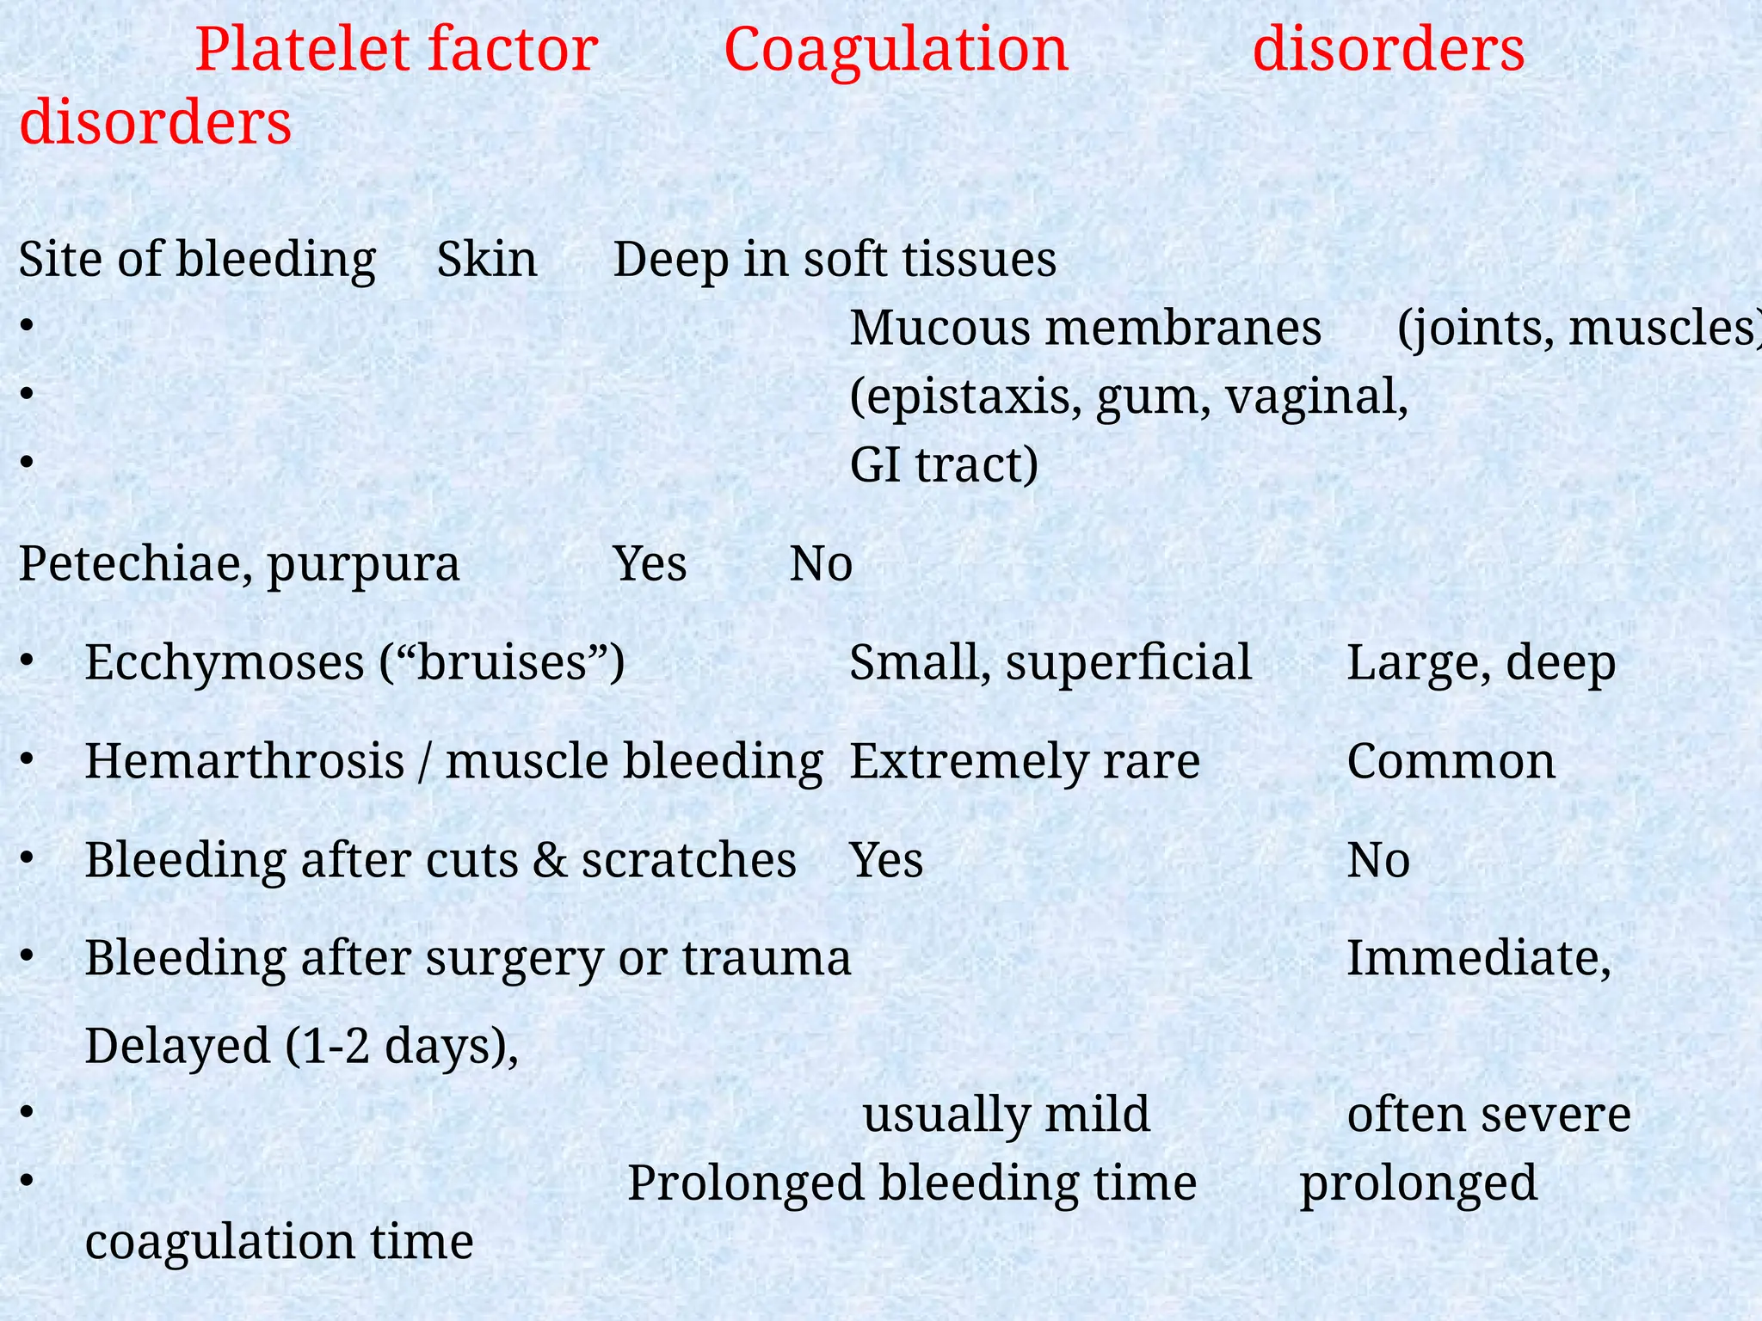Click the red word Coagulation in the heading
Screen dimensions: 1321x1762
(896, 50)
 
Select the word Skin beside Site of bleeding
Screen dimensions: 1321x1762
(487, 260)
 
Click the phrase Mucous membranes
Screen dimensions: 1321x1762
(1086, 329)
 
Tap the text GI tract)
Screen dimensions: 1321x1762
(944, 465)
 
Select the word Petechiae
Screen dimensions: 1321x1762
(129, 565)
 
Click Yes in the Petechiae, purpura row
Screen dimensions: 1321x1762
(650, 565)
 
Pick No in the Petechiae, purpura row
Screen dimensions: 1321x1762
(821, 565)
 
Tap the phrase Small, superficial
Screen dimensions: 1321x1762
(1050, 663)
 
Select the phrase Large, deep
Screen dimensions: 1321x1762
(1481, 663)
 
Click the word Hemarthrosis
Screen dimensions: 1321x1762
(244, 762)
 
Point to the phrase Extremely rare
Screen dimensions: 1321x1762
(1025, 762)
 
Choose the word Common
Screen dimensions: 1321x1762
(1451, 762)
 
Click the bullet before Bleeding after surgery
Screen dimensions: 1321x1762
(28, 955)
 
